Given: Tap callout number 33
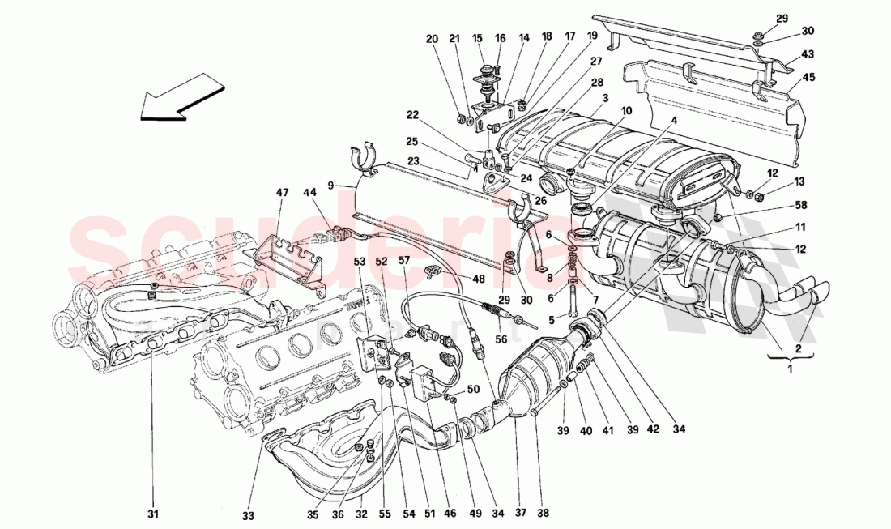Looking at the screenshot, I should [248, 513].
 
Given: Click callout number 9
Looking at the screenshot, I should [330, 186].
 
